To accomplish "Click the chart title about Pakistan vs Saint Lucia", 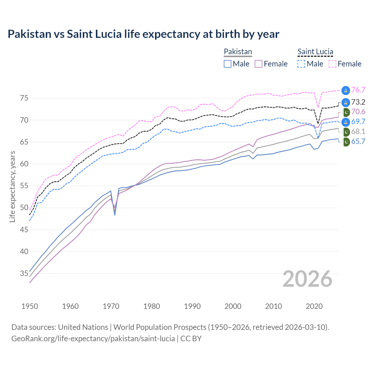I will click(143, 34).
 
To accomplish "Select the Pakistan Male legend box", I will click(228, 64).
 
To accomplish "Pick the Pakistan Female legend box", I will click(258, 64).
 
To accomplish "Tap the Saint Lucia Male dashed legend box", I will click(301, 64).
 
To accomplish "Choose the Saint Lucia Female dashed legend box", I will click(332, 64).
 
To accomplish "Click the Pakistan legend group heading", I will click(238, 52).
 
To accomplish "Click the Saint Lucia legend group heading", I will click(315, 52).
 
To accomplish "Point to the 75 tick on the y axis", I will click(24, 98).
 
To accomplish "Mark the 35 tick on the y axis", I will click(24, 274).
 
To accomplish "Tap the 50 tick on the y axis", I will click(24, 208).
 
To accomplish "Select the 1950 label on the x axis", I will click(30, 306).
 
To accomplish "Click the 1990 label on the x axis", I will click(192, 306).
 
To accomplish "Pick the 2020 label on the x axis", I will click(314, 306).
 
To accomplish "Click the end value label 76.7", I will click(358, 90).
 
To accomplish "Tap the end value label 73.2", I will click(358, 102).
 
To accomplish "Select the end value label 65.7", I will click(358, 142).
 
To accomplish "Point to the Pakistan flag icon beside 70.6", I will click(346, 112).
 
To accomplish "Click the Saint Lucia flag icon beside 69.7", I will click(346, 122).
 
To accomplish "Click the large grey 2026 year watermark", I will click(307, 279).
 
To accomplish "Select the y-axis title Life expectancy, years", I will click(12, 186).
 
